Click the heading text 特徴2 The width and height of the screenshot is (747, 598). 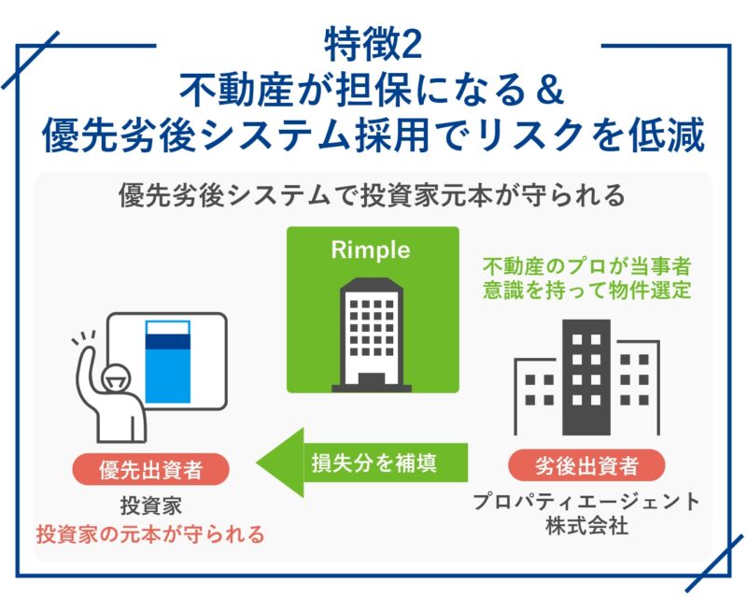[373, 45]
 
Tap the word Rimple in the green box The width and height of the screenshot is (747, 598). [371, 249]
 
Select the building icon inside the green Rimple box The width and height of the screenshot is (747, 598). [372, 335]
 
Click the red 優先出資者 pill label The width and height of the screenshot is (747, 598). [150, 469]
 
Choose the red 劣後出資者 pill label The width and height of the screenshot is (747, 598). [586, 465]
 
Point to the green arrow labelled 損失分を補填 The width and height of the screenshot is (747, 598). [362, 463]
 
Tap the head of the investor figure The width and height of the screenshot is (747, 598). [116, 378]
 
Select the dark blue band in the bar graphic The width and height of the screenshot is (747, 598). [168, 342]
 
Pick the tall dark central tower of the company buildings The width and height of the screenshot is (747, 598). [586, 377]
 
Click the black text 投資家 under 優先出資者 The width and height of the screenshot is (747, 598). [151, 505]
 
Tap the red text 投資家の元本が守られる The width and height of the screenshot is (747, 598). [150, 534]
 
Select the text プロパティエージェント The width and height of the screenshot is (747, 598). [586, 502]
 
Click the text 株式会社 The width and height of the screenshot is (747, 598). [586, 526]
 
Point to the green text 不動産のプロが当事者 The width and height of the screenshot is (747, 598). [587, 266]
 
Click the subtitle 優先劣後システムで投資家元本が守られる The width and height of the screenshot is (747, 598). [372, 195]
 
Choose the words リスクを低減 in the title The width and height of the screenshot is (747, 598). [591, 135]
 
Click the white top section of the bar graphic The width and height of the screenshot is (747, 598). [168, 328]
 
